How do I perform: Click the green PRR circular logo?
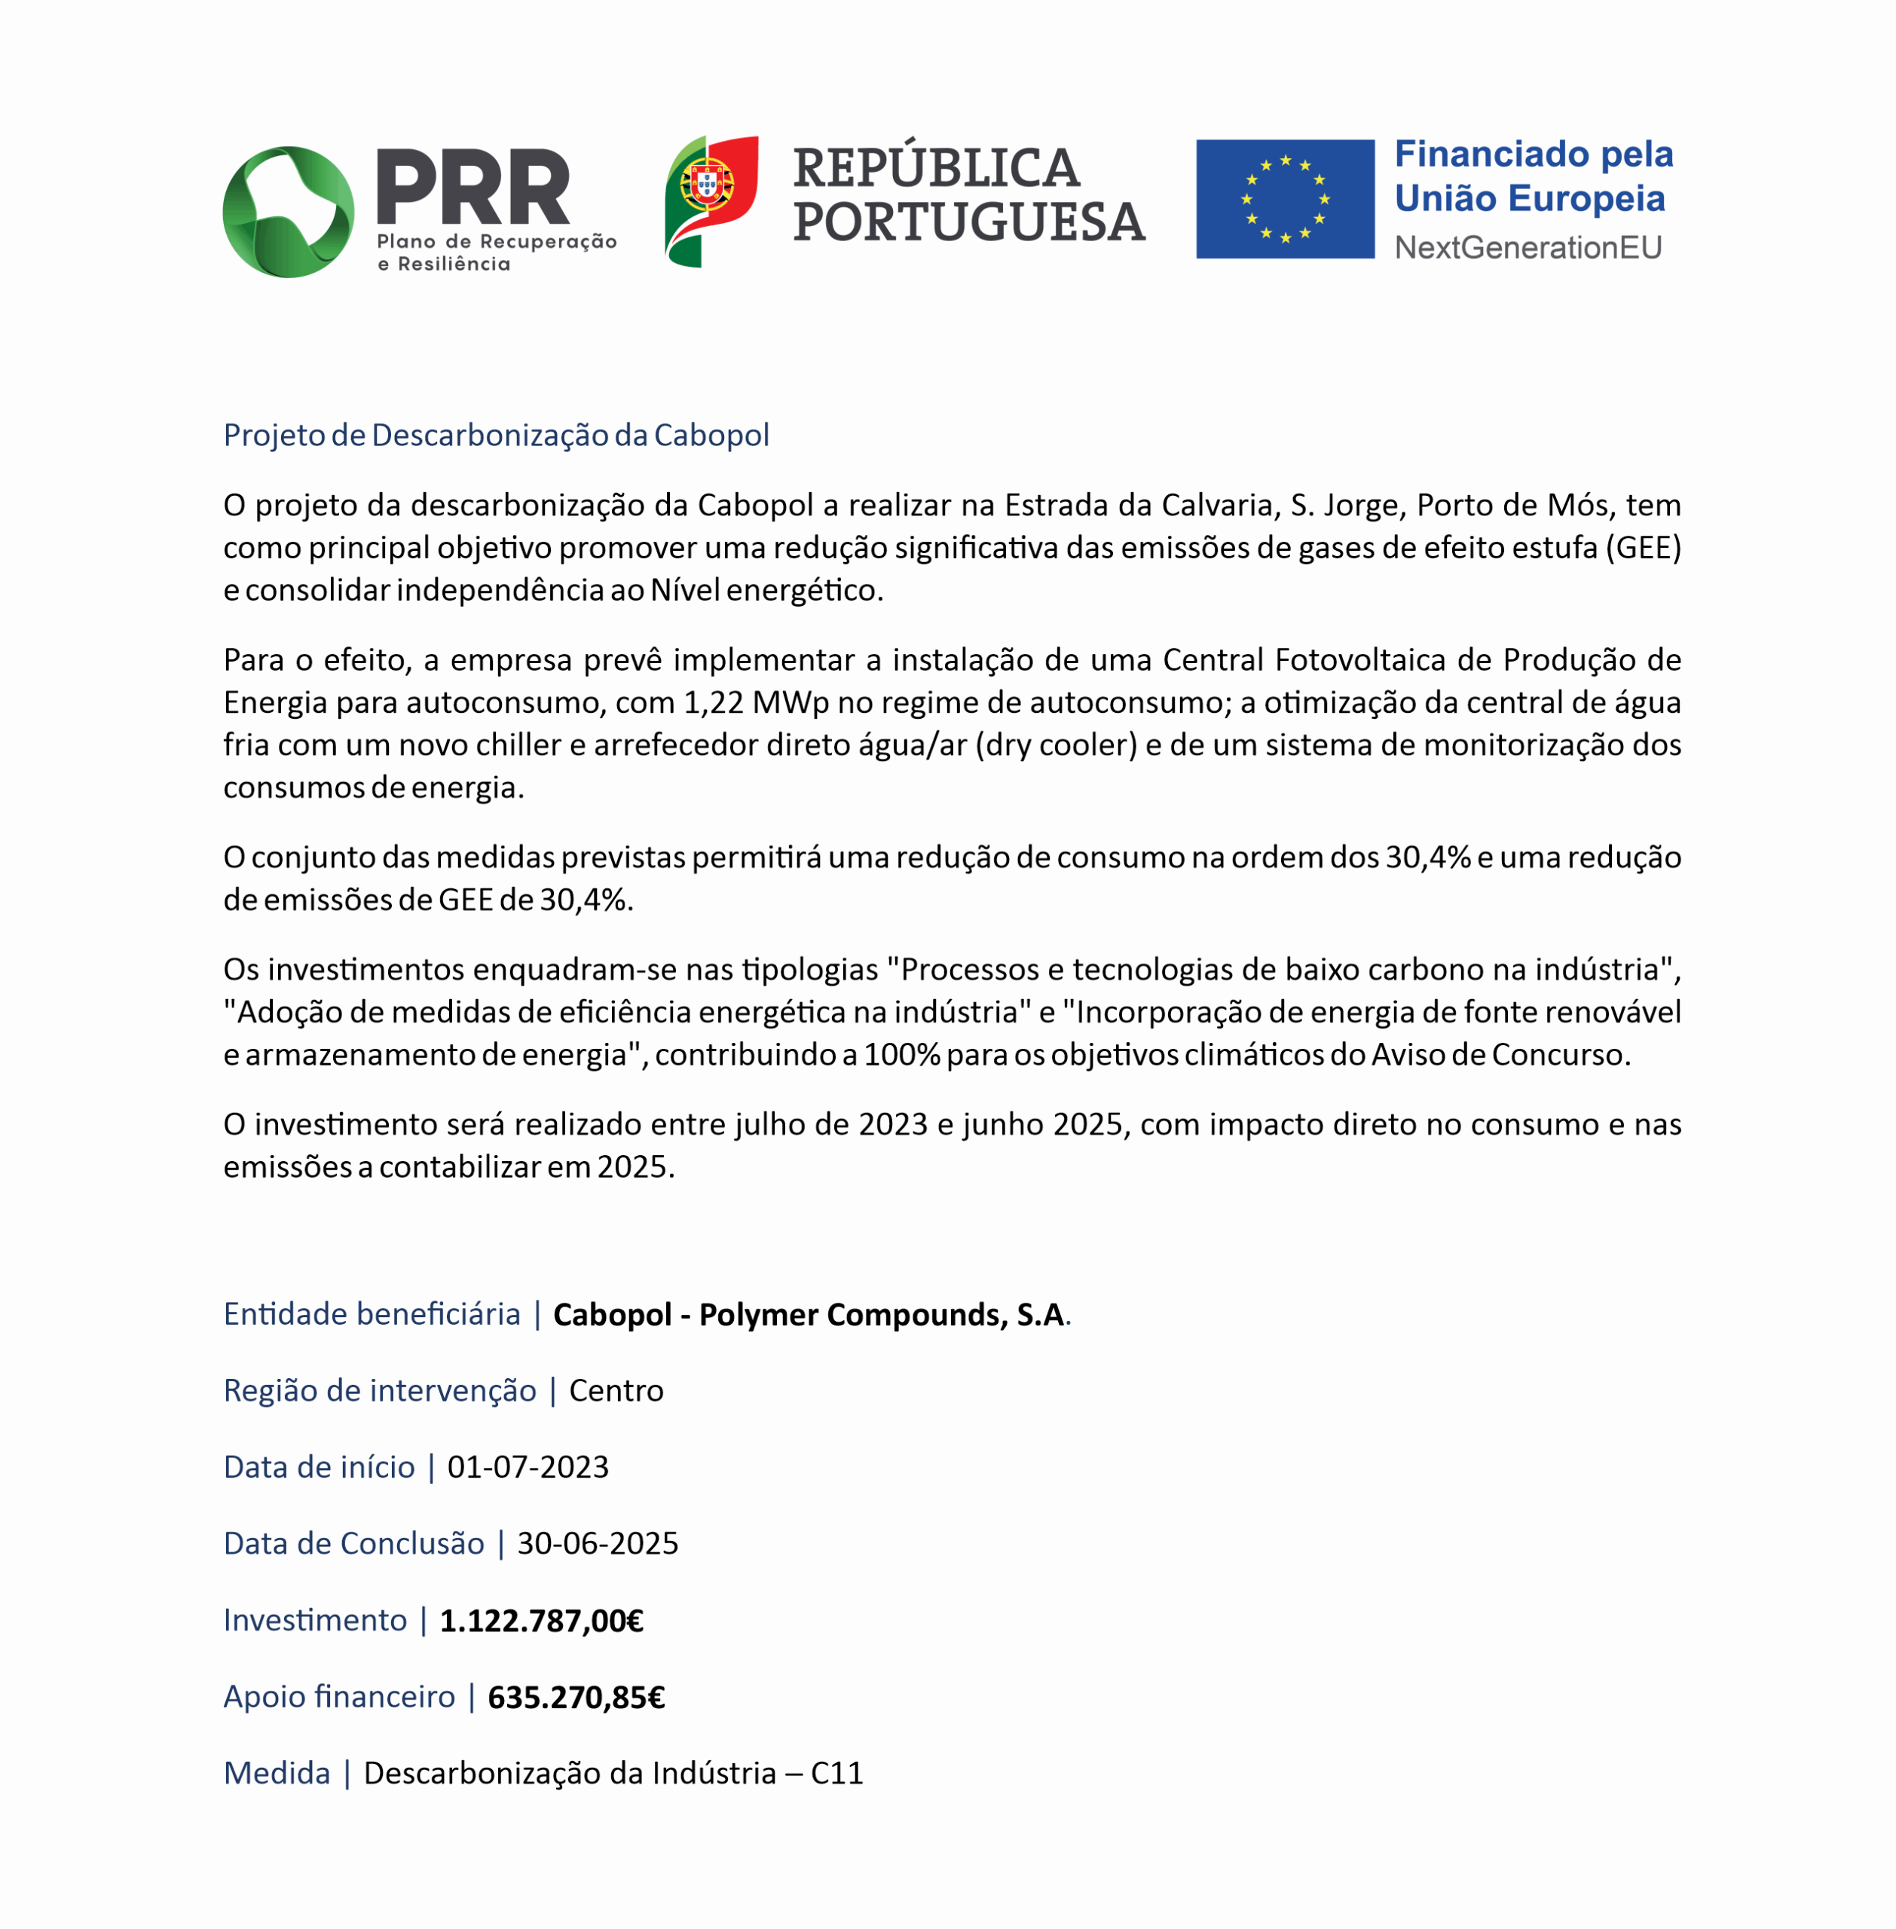pos(288,211)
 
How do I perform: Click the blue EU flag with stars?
pos(1285,199)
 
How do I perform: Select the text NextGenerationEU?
pos(1528,247)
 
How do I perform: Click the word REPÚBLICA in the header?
pos(936,167)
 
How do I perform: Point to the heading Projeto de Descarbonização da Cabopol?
pos(496,436)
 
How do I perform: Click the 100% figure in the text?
pos(901,1055)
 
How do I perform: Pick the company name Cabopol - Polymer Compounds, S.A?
pos(809,1315)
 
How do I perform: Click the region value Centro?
pos(616,1390)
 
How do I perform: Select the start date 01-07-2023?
pos(528,1467)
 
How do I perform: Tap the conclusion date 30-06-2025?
pos(598,1544)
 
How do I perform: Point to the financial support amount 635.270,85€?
pos(576,1697)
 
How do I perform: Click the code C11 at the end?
pos(836,1774)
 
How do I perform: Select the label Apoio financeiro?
pos(338,1697)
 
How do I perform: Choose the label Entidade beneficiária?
pos(372,1315)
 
